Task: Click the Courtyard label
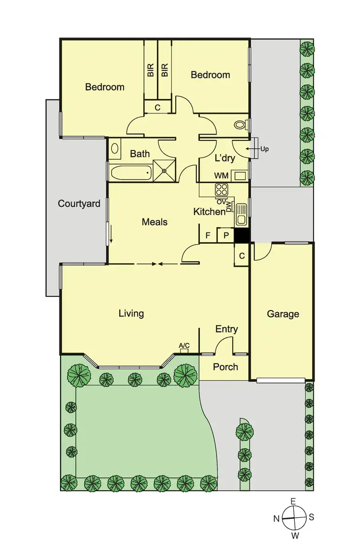(x=79, y=203)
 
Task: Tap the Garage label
(x=283, y=314)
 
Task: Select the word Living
(x=131, y=313)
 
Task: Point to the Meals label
(x=154, y=222)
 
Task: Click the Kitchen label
(x=209, y=212)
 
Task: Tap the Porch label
(x=226, y=367)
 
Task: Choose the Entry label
(x=227, y=329)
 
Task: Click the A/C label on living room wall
(x=184, y=345)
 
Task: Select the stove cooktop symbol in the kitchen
(x=222, y=189)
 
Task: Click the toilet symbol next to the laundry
(x=240, y=124)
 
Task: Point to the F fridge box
(x=208, y=236)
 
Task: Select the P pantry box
(x=226, y=236)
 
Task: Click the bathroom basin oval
(x=115, y=150)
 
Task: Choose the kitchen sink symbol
(x=241, y=213)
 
